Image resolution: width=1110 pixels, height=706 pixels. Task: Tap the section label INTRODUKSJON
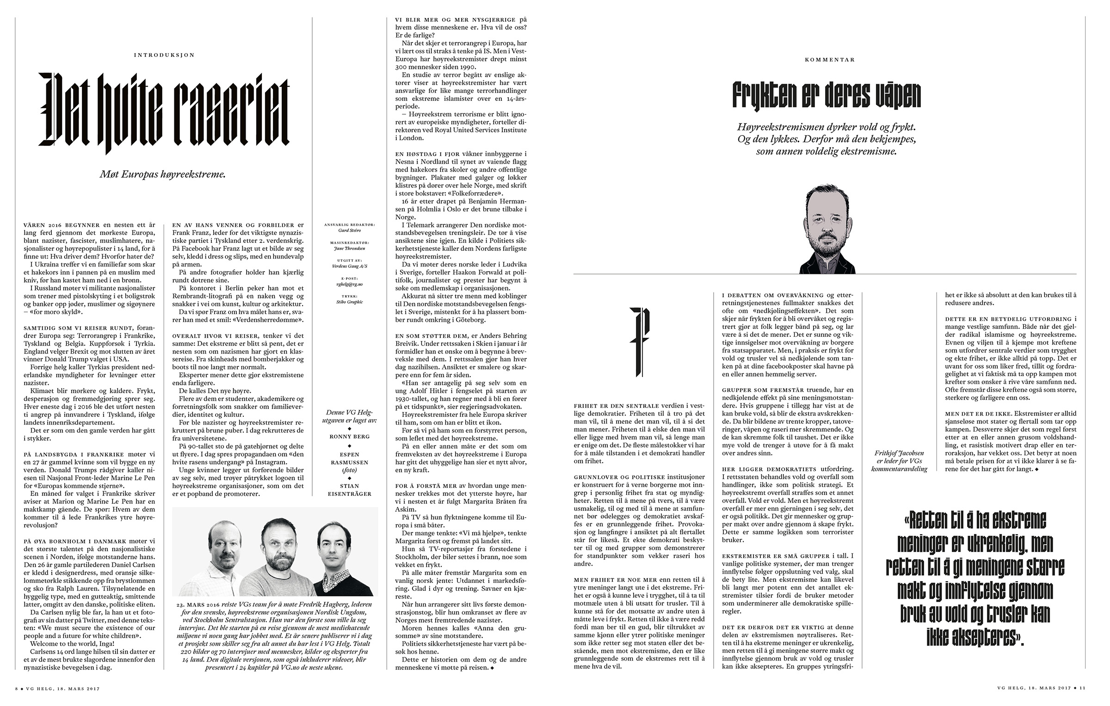tap(164, 55)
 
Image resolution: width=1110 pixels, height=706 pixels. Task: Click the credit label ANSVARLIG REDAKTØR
tap(350, 224)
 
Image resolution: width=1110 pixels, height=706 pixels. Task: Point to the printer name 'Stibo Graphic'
tap(350, 302)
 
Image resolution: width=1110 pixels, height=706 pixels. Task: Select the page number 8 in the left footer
tap(17, 688)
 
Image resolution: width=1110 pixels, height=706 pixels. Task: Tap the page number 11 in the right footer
tap(1083, 688)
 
